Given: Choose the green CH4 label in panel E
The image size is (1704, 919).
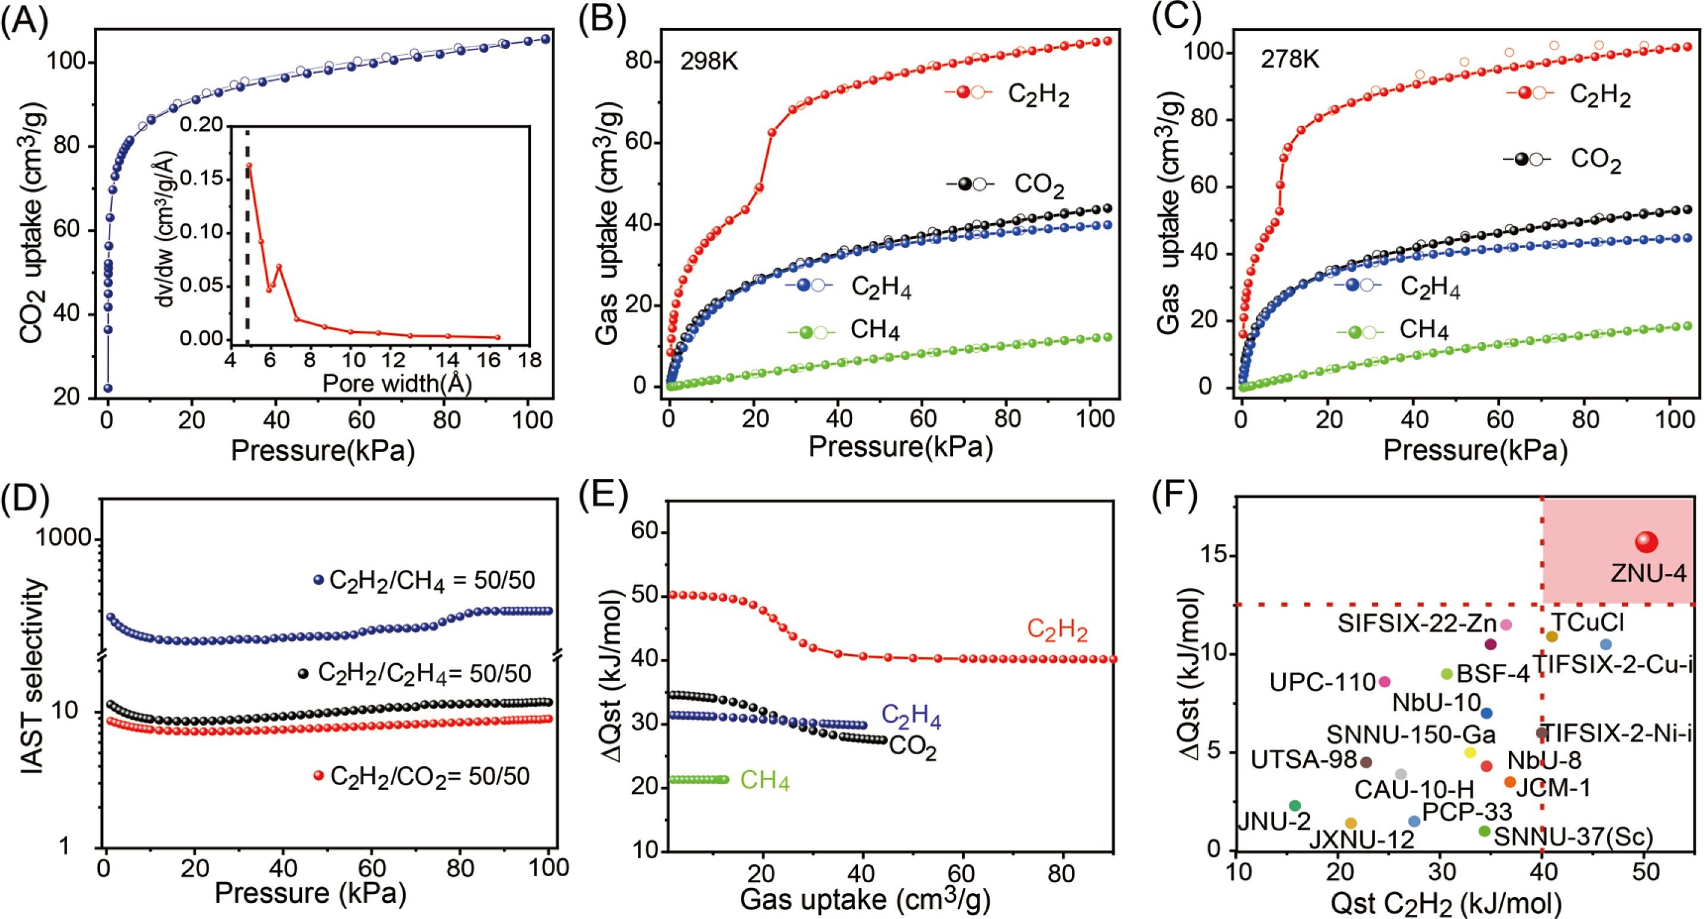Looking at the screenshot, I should click(x=765, y=782).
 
